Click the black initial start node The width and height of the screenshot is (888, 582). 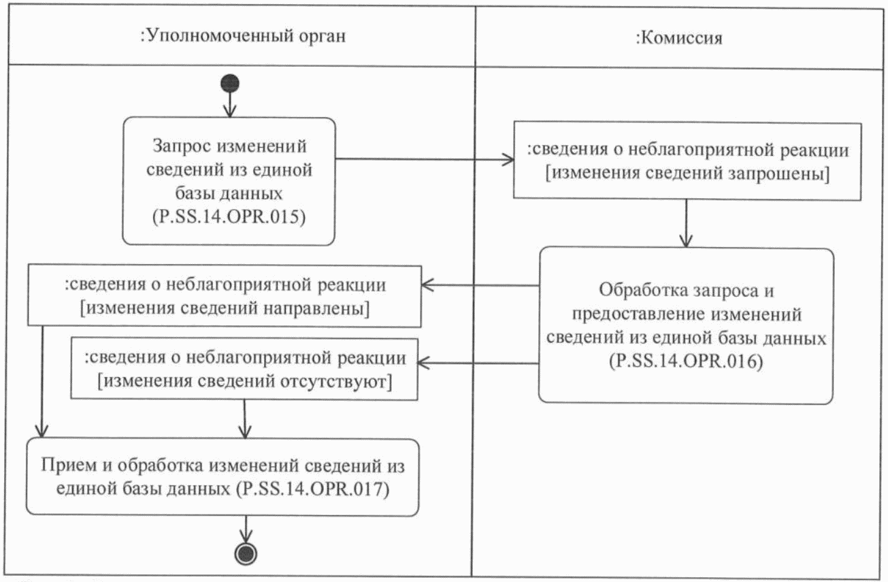[x=230, y=84]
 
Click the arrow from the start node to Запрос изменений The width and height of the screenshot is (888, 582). [x=230, y=104]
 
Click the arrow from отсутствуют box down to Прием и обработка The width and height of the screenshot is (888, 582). [x=244, y=419]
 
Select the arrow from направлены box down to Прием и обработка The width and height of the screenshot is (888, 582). [x=43, y=381]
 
